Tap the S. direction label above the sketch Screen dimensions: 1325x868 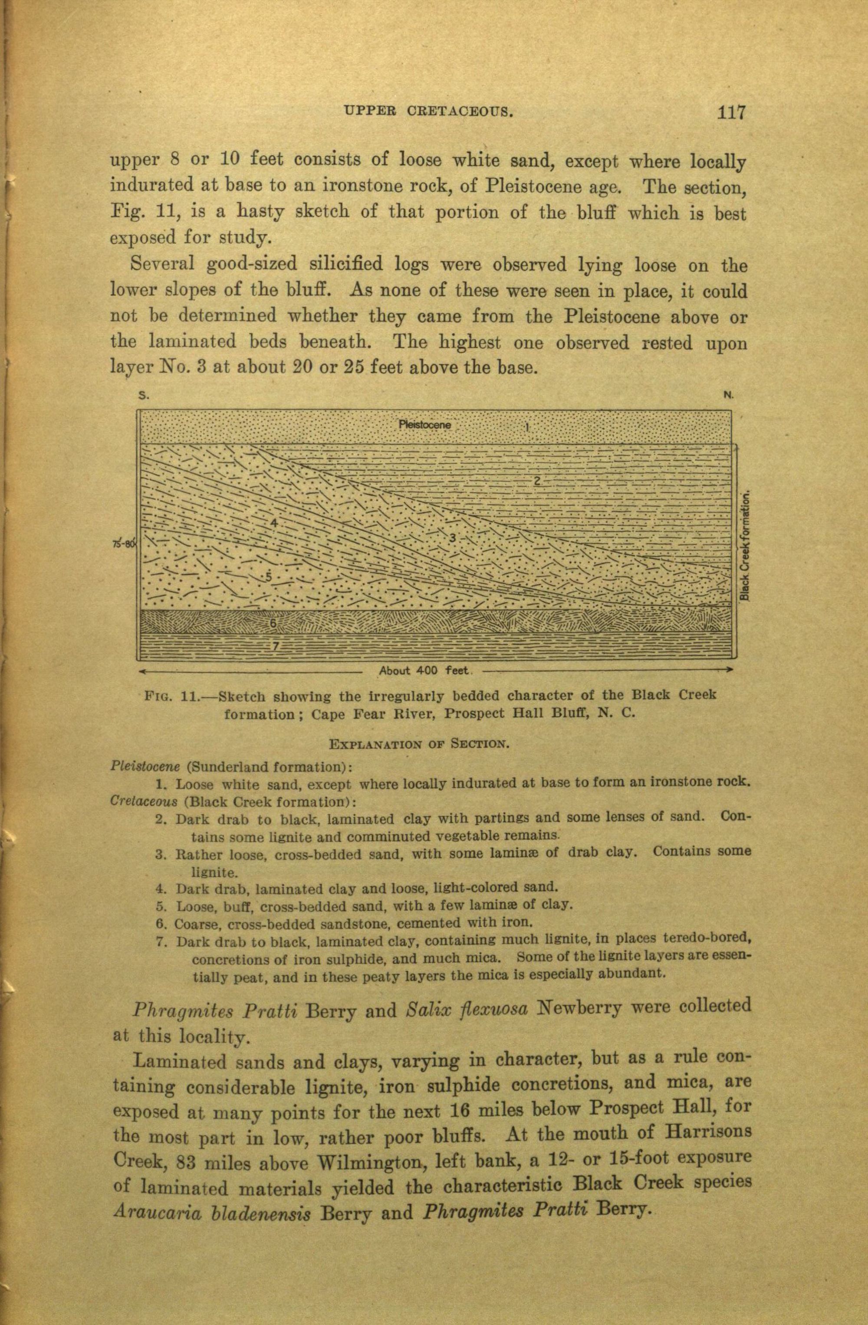tap(144, 396)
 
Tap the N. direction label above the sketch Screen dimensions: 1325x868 tap(729, 395)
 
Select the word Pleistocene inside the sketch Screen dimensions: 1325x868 tap(424, 425)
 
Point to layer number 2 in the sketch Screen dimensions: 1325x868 tap(538, 481)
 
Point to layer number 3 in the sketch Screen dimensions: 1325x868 tap(453, 538)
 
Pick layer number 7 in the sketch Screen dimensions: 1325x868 tap(275, 646)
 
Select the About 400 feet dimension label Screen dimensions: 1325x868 tap(424, 670)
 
